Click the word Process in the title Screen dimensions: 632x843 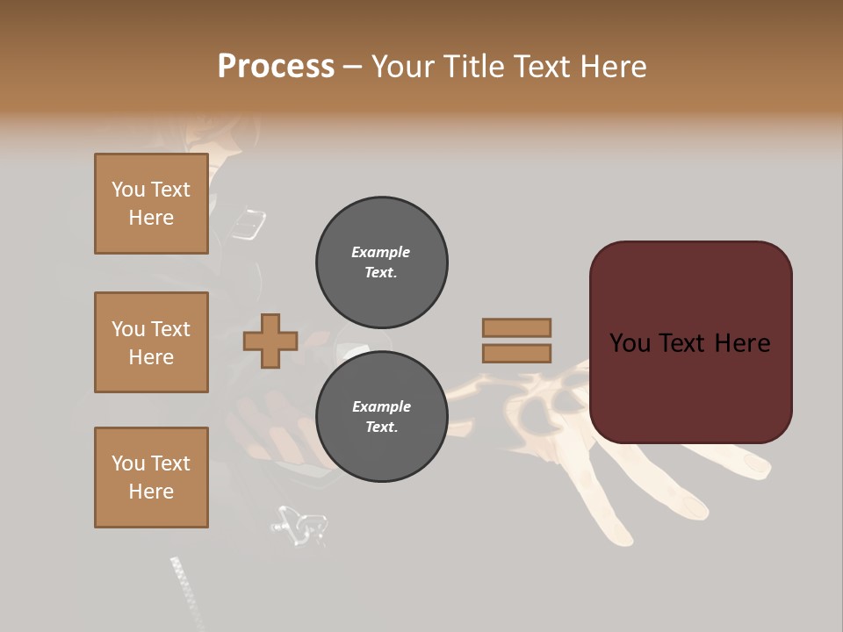pyautogui.click(x=276, y=67)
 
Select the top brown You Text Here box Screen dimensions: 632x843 pyautogui.click(x=151, y=204)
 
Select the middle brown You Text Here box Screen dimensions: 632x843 pyautogui.click(x=151, y=342)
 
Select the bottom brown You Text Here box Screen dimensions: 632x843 pyautogui.click(x=151, y=477)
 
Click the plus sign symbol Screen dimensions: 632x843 pyautogui.click(x=270, y=341)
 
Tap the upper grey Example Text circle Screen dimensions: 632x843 pyautogui.click(x=381, y=262)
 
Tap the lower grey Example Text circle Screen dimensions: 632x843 pyautogui.click(x=381, y=416)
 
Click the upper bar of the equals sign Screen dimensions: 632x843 pyautogui.click(x=516, y=327)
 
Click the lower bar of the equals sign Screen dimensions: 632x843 pyautogui.click(x=516, y=353)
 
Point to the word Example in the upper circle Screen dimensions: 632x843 pyautogui.click(x=380, y=252)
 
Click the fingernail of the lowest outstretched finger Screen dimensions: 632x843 pyautogui.click(x=694, y=506)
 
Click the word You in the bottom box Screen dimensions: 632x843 pyautogui.click(x=128, y=463)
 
